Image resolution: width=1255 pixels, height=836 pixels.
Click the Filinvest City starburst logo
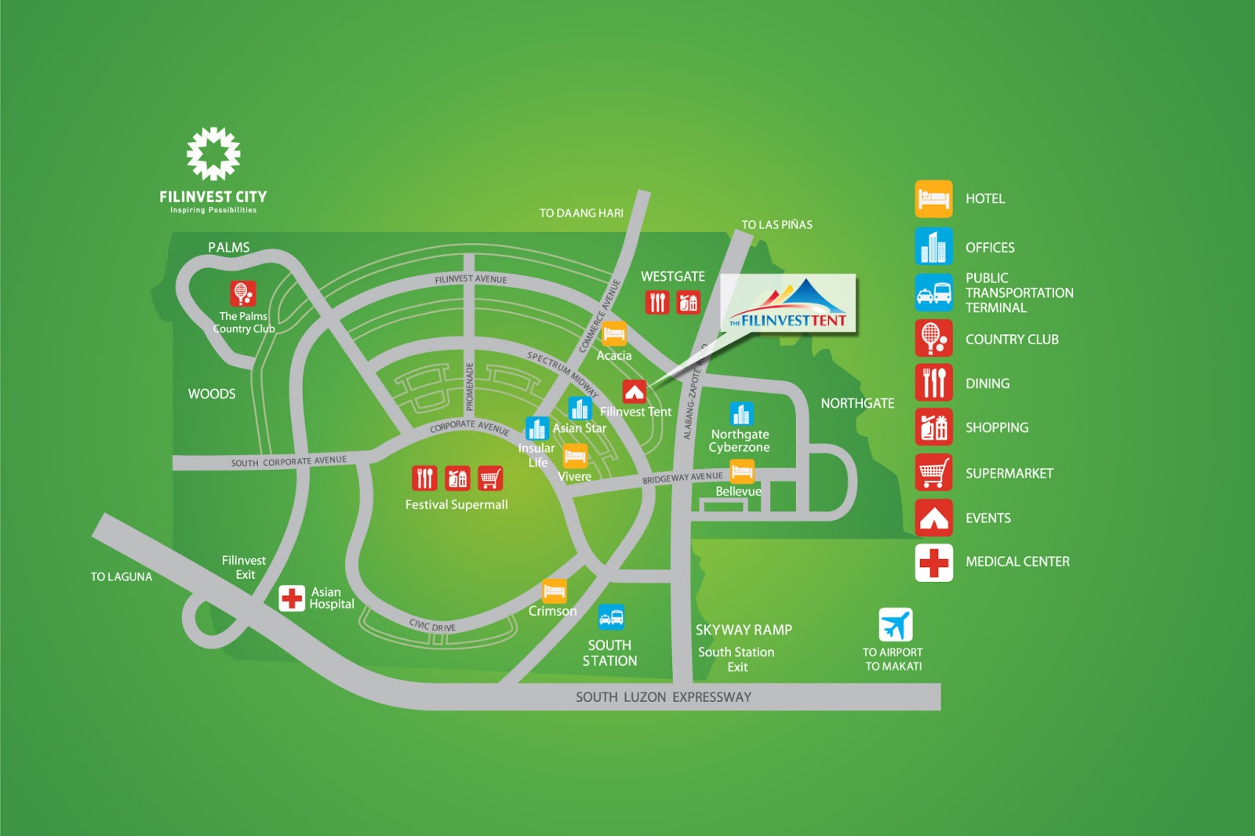pos(213,153)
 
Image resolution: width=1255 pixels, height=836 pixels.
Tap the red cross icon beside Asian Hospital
pos(292,598)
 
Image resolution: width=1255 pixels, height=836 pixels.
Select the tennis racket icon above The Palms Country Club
pos(242,293)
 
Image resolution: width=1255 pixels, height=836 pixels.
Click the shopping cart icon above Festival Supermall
pos(490,478)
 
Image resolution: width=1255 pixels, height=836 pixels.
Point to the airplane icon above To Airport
pos(895,625)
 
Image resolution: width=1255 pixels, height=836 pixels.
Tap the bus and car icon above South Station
pos(611,617)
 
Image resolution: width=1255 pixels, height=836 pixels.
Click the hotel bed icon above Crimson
pos(555,591)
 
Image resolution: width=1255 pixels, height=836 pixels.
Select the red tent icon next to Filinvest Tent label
pos(634,391)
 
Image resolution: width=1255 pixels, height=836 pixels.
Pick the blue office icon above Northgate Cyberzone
pos(741,413)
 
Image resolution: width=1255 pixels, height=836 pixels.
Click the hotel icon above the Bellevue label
pos(742,471)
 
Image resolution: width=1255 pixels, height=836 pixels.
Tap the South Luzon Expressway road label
pos(664,697)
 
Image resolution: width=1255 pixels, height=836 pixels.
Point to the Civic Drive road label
pos(432,626)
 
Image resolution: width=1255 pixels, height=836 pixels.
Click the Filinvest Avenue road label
pos(471,279)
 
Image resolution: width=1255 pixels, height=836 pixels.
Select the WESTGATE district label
pos(673,277)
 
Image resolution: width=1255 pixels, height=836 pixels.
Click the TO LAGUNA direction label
pos(122,577)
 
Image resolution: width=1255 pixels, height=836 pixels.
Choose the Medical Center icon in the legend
pos(933,562)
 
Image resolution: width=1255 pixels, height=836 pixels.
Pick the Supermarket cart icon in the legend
pos(933,473)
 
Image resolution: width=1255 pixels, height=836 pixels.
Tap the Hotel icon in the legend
pos(933,198)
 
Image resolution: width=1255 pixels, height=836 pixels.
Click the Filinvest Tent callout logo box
pos(788,304)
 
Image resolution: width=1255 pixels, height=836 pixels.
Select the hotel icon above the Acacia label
pos(614,334)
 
